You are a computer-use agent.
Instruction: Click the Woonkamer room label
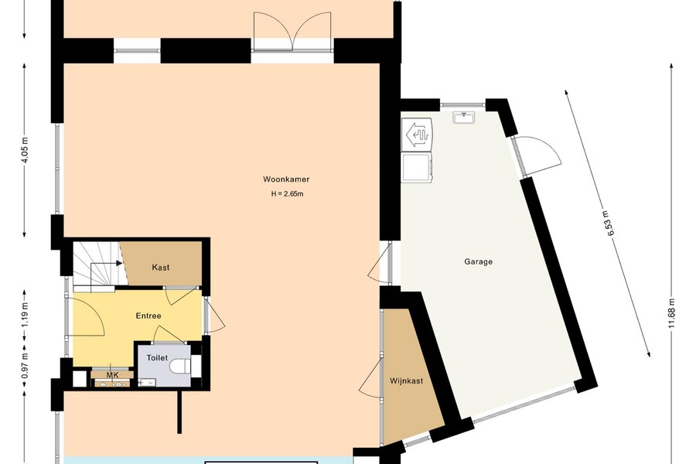286,179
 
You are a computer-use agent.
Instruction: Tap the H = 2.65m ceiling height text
287,194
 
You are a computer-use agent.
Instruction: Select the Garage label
479,261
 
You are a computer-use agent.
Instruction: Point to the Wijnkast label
406,381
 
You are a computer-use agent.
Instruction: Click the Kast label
161,268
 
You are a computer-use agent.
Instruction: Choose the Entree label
148,316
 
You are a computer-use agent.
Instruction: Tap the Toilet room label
157,358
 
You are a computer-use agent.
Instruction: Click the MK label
112,376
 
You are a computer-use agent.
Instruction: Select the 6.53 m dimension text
610,225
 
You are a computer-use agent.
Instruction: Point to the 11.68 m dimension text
671,313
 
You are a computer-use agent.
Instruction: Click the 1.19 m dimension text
25,315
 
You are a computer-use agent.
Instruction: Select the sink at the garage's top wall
464,118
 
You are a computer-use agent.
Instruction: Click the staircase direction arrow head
119,263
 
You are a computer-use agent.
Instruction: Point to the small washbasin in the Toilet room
146,382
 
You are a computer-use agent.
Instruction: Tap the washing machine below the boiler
416,166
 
